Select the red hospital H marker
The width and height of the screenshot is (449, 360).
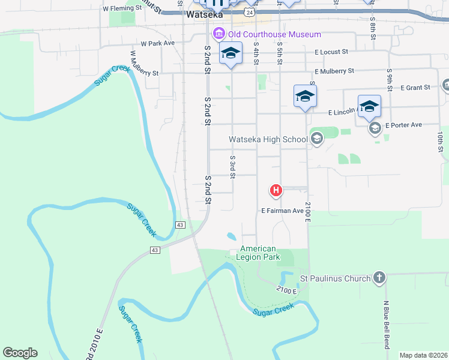(276, 191)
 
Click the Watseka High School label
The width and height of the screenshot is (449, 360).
(268, 140)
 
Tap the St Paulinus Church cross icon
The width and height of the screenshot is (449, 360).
(378, 278)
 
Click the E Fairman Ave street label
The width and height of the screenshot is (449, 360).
(283, 211)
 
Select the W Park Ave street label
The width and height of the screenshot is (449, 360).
(157, 44)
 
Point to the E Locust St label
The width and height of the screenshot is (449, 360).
(336, 52)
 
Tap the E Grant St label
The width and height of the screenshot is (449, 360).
(416, 88)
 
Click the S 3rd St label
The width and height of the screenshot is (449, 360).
(232, 166)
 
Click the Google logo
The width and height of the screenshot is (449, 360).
(20, 353)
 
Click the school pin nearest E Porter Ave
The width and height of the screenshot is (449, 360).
(369, 106)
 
